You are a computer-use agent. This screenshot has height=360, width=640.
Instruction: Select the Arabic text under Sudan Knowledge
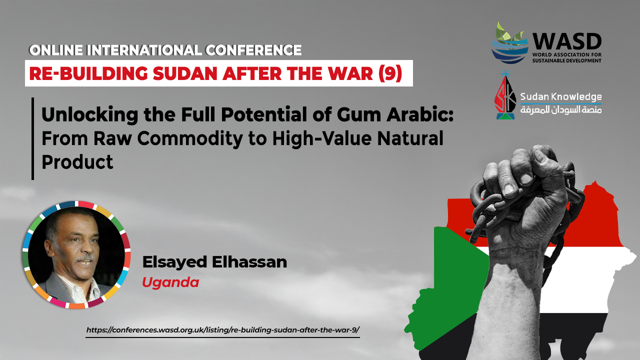(x=561, y=109)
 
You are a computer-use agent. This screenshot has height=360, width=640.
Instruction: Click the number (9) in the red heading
(x=390, y=73)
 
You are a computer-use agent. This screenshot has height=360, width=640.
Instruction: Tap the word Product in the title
(x=77, y=162)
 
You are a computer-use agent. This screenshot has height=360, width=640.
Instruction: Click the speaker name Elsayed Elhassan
(x=214, y=262)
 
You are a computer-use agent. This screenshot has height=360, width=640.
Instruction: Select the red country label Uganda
(x=170, y=282)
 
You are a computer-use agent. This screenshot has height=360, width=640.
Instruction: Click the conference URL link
(x=223, y=330)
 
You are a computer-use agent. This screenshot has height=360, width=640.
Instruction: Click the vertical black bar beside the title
(x=32, y=138)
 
